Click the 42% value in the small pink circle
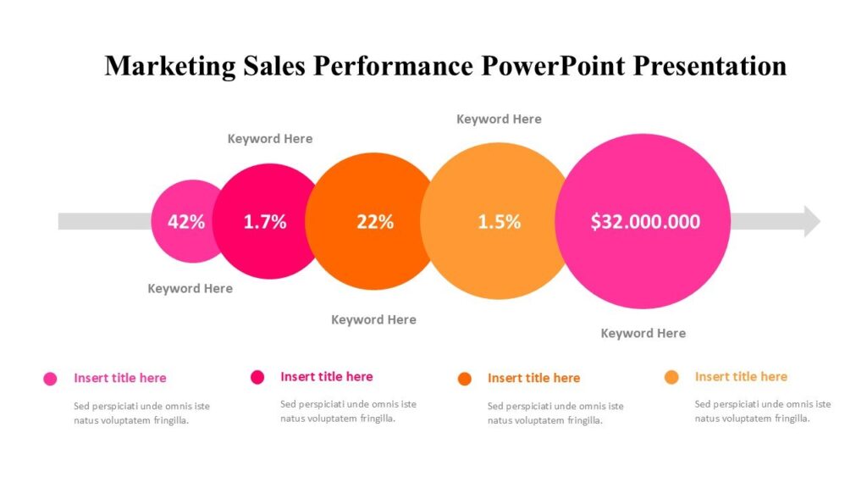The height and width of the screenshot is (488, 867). coord(186,222)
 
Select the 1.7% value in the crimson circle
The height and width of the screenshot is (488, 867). coord(265,222)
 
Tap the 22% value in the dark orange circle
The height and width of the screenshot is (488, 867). coord(375,222)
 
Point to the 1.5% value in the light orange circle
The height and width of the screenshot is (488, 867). coord(499,222)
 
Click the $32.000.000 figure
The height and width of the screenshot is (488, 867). coord(645,222)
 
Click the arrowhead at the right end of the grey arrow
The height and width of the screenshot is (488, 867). coord(811,221)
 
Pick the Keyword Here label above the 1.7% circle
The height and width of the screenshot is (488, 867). coord(270,139)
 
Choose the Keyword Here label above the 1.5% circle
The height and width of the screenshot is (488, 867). coord(499,119)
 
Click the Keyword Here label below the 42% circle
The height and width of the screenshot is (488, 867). coord(190,289)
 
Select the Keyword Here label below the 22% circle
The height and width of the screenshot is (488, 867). coord(373,320)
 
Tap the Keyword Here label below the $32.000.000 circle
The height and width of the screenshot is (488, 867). coord(643,334)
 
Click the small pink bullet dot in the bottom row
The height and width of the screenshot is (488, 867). coord(50,379)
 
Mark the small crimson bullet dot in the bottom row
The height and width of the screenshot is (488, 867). coord(257,378)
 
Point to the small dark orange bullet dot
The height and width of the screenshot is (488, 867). coord(464,379)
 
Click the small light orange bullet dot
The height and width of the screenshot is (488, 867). coord(671,378)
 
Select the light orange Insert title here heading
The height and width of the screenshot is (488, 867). coord(741,377)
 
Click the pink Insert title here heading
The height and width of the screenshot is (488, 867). coord(119,378)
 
